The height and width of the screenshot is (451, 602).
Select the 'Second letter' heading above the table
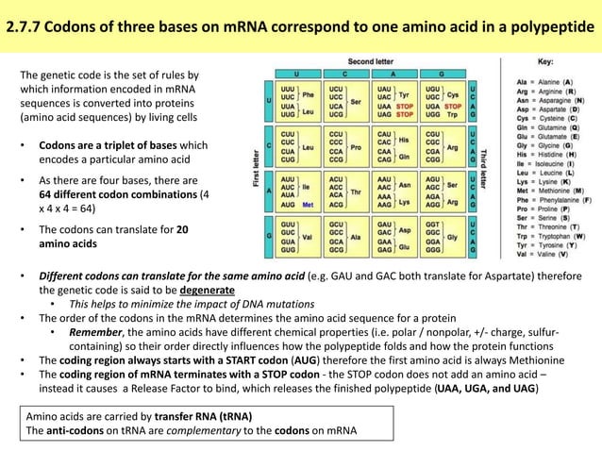click(371, 60)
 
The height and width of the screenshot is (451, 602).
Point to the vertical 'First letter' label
click(256, 166)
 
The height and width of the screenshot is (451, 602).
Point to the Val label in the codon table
click(307, 238)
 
